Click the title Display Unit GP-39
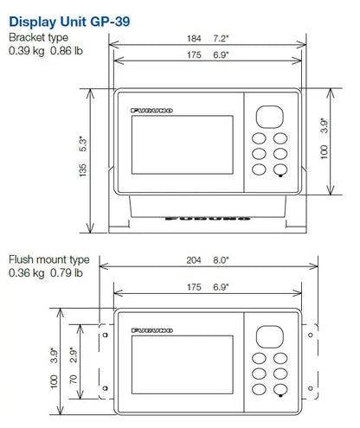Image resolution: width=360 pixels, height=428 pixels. (69, 22)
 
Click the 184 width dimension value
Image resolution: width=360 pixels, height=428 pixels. (194, 38)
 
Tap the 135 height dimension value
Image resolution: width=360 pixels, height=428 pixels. (82, 170)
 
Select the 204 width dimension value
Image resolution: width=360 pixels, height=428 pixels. (194, 260)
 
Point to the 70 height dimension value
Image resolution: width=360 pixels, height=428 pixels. (74, 380)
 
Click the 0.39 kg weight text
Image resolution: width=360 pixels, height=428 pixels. (27, 51)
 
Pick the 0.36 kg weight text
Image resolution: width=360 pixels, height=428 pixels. (27, 273)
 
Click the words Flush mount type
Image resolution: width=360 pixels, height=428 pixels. (49, 259)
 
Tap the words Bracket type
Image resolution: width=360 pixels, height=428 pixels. (38, 37)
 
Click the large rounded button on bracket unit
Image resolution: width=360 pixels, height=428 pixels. (270, 117)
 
